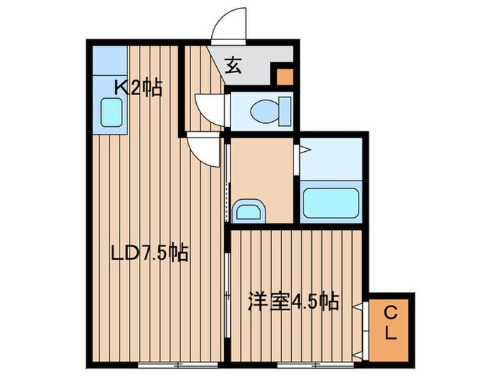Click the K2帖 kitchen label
[x=139, y=89]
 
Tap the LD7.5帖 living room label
[x=149, y=253]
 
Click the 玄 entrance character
[x=233, y=66]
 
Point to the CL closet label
[x=390, y=323]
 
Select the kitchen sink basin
[x=112, y=113]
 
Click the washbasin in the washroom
[x=248, y=211]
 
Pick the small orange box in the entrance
[x=285, y=75]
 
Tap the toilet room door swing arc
[x=211, y=107]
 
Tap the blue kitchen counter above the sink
[x=109, y=61]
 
